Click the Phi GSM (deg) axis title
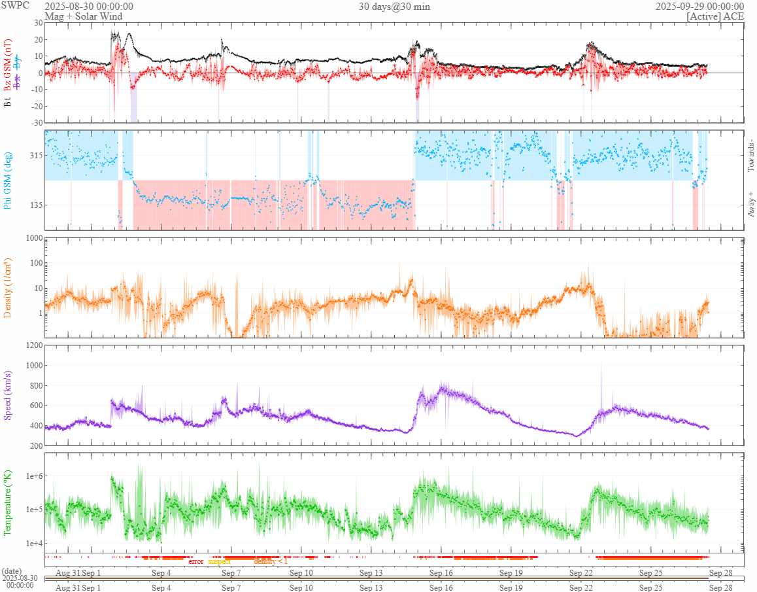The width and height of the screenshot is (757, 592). tap(8, 180)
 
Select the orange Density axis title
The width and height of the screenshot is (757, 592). tap(8, 288)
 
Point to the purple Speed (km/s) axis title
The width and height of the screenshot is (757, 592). tap(8, 394)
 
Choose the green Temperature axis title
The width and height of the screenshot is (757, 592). tap(8, 502)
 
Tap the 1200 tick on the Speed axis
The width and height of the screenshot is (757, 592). tap(33, 345)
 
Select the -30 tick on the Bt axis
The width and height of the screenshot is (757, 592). tap(35, 122)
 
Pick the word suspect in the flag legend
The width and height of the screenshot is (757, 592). tap(219, 561)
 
